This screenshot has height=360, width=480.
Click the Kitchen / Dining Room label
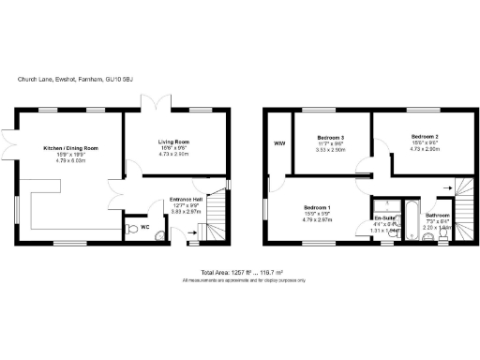[x=71, y=148]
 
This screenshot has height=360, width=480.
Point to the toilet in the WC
[x=130, y=227]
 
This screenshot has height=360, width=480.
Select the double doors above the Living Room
[x=163, y=103]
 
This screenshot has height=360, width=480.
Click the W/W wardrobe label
[x=278, y=143]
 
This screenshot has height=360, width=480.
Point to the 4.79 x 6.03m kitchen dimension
[x=71, y=160]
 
